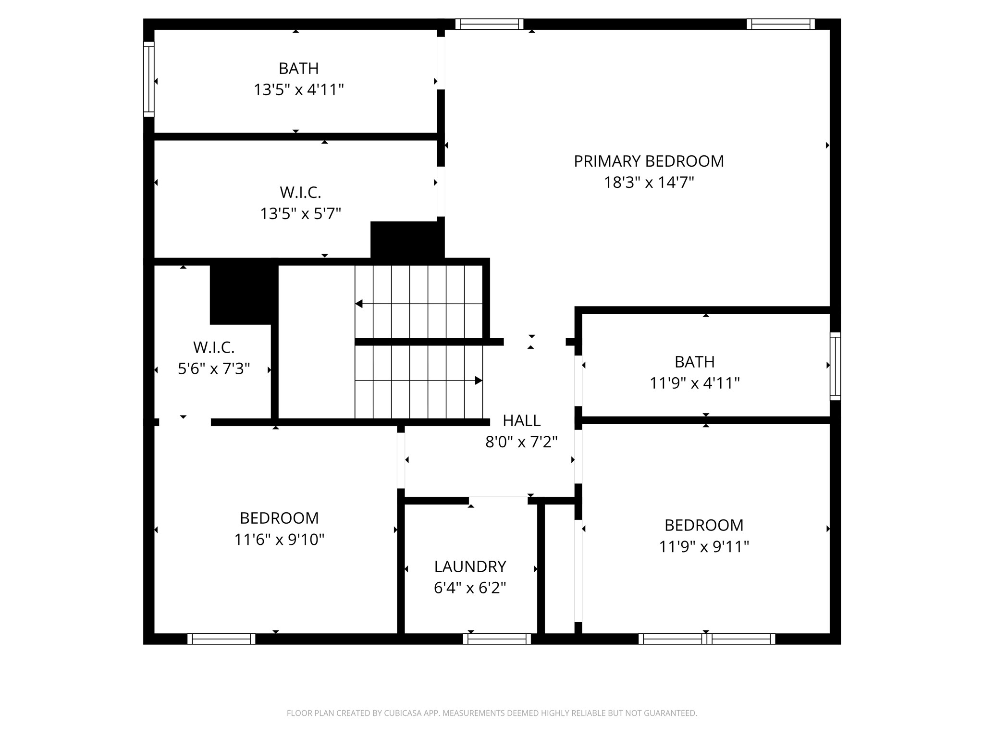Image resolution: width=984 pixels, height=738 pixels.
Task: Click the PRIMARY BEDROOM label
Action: pyautogui.click(x=649, y=161)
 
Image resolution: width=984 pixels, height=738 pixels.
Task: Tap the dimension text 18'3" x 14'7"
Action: pyautogui.click(x=649, y=183)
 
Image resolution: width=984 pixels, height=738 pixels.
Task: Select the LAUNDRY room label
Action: pyautogui.click(x=470, y=567)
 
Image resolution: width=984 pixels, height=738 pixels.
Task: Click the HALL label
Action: pyautogui.click(x=521, y=420)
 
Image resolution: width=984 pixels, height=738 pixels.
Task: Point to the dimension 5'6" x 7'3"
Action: pyautogui.click(x=214, y=369)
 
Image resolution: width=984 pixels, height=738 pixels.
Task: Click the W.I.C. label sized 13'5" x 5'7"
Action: pyautogui.click(x=300, y=193)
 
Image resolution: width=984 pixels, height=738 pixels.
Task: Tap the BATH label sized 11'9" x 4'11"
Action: pyautogui.click(x=694, y=362)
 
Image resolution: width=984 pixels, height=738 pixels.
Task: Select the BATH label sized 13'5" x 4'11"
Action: pyautogui.click(x=298, y=69)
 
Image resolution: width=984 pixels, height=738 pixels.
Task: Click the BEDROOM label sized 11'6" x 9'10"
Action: pyautogui.click(x=279, y=518)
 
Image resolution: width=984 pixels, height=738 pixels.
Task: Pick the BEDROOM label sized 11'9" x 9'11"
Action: pyautogui.click(x=704, y=525)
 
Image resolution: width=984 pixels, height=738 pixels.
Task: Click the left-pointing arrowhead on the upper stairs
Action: pyautogui.click(x=358, y=304)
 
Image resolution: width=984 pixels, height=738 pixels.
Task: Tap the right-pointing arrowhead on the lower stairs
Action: pyautogui.click(x=479, y=381)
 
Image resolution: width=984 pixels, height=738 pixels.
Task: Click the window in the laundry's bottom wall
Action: pyautogui.click(x=497, y=639)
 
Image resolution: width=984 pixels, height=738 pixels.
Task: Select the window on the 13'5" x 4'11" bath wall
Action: pyautogui.click(x=149, y=79)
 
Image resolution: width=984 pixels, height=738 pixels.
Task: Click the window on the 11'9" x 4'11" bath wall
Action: pyautogui.click(x=836, y=366)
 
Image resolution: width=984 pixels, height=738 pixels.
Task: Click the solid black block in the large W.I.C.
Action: pyautogui.click(x=407, y=240)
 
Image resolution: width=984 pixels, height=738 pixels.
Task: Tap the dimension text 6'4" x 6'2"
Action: pyautogui.click(x=470, y=588)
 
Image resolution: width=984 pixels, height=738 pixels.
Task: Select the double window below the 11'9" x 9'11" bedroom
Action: pyautogui.click(x=706, y=639)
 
